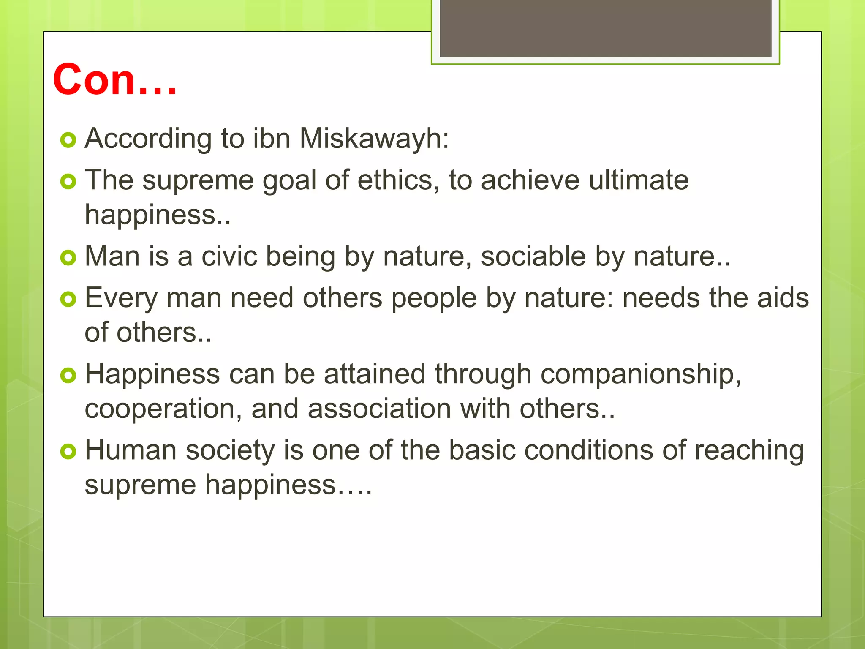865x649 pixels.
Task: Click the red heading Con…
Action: pyautogui.click(x=114, y=79)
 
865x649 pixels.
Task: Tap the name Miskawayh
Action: pyautogui.click(x=374, y=139)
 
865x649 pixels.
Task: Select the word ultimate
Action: pyautogui.click(x=639, y=180)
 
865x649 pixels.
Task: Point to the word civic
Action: pyautogui.click(x=229, y=256)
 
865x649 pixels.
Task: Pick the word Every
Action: pyautogui.click(x=121, y=298)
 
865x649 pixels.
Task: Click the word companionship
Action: pyautogui.click(x=640, y=375)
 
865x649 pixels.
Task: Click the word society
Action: pyautogui.click(x=230, y=450)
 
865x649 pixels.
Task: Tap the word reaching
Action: pyautogui.click(x=749, y=450)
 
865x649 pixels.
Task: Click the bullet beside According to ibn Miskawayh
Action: pyautogui.click(x=68, y=140)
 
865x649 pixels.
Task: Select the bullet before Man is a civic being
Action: pyautogui.click(x=68, y=258)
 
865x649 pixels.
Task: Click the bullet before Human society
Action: pyautogui.click(x=68, y=452)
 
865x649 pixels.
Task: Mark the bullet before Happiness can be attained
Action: pyautogui.click(x=68, y=375)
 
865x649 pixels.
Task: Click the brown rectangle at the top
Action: pyautogui.click(x=605, y=29)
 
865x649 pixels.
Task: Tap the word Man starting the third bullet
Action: pyautogui.click(x=112, y=256)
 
